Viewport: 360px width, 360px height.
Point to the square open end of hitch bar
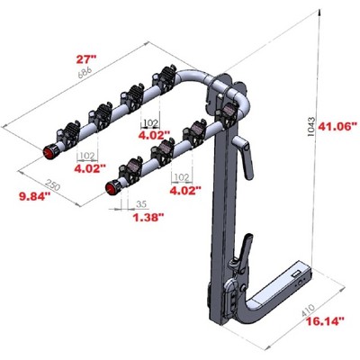click(296, 275)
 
